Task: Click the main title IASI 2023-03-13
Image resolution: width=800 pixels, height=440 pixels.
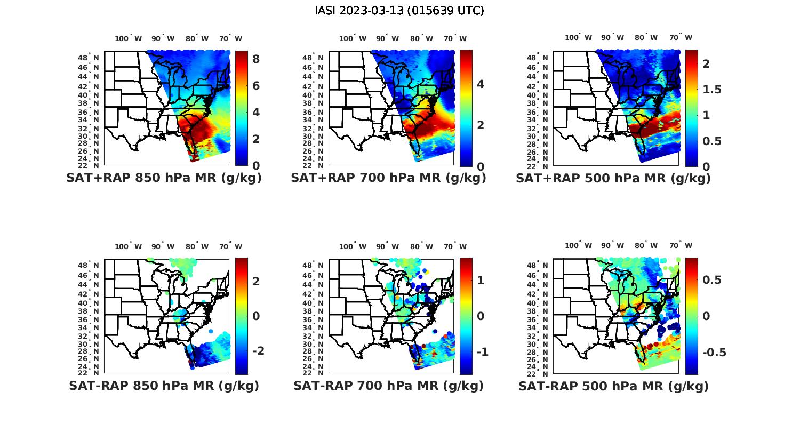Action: [399, 11]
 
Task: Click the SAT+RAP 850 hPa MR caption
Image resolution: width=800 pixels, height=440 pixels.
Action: [164, 178]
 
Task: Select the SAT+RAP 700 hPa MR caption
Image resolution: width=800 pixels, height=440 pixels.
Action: [388, 178]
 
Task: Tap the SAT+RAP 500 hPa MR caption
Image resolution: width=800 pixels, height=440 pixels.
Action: [613, 178]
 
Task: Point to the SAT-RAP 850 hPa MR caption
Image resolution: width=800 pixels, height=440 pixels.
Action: [164, 386]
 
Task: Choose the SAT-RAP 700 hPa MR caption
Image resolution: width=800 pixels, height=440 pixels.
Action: [388, 386]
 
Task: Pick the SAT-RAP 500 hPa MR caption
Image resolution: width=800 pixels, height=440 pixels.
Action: [613, 386]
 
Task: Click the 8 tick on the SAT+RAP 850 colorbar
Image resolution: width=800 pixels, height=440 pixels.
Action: [256, 59]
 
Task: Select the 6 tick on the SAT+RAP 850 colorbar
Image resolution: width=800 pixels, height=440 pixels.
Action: [256, 86]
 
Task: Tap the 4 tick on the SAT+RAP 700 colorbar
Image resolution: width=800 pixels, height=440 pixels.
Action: [481, 84]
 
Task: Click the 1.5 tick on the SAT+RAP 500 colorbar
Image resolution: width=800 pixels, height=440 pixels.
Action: [712, 90]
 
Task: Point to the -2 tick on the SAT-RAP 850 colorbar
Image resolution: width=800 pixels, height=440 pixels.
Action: [258, 350]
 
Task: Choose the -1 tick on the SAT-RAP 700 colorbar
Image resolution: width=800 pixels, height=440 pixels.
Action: [483, 352]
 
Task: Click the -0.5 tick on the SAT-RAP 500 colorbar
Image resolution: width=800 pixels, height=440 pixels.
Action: [714, 353]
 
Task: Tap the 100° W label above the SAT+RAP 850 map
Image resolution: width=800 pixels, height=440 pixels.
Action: [129, 38]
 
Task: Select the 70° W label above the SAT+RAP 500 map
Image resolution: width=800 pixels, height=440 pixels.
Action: [681, 37]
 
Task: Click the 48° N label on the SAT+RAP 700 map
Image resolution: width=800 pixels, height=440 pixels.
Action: [313, 58]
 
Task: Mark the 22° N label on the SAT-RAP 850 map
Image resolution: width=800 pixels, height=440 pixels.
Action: [89, 373]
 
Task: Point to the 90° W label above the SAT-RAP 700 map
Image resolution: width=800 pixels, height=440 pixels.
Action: [387, 246]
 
